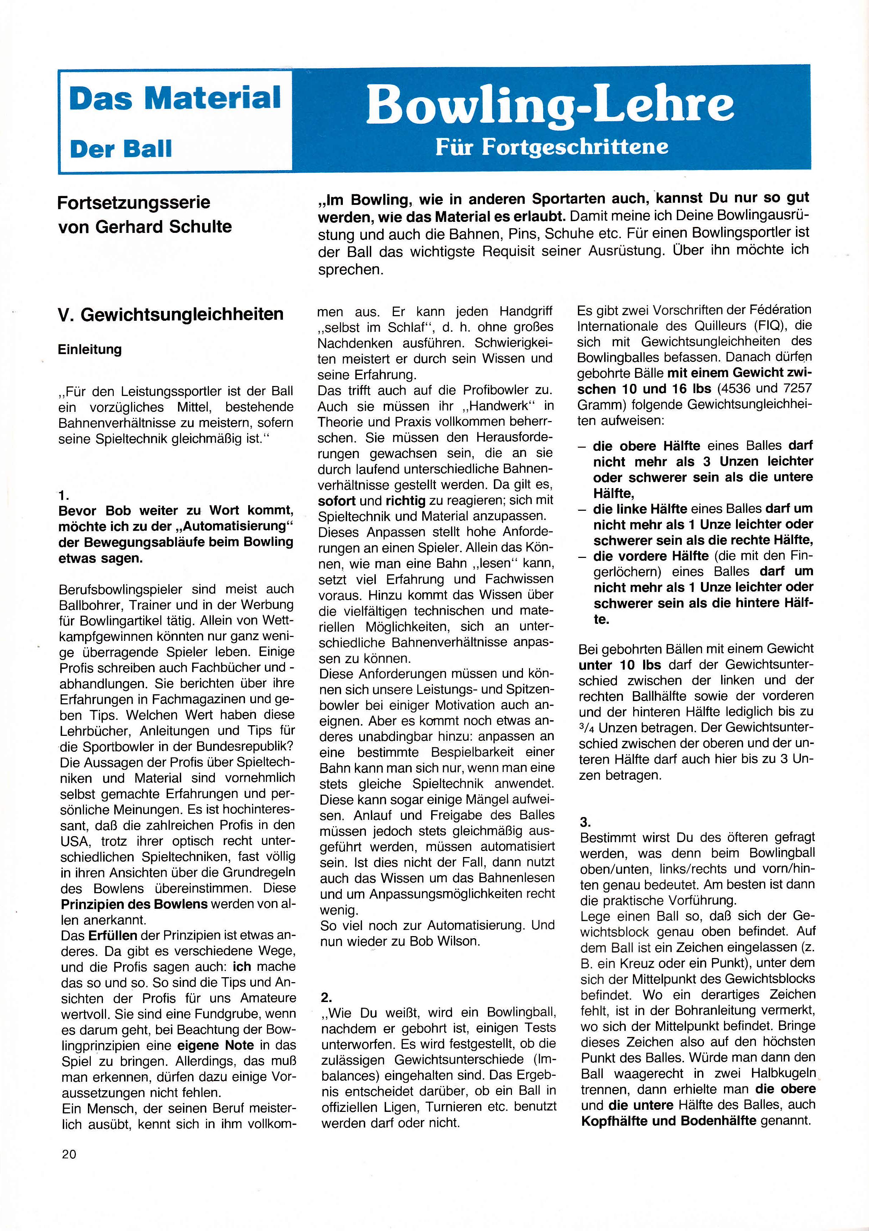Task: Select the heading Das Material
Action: (x=175, y=98)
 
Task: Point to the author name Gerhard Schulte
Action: (x=163, y=227)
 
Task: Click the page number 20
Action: (x=69, y=1154)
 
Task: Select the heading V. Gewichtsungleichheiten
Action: (x=171, y=314)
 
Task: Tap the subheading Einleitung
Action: (x=90, y=349)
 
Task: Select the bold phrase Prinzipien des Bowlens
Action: (x=134, y=904)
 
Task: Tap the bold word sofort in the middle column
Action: (x=337, y=501)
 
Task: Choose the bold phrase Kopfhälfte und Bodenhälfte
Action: (x=668, y=1120)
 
